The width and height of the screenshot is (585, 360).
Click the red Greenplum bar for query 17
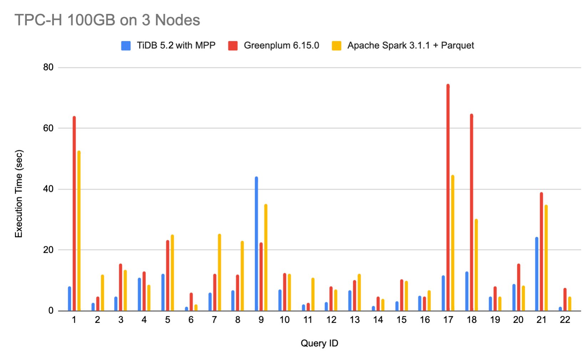coord(448,198)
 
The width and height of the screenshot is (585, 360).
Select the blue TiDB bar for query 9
coord(256,244)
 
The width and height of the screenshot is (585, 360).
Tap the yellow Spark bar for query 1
coord(79,231)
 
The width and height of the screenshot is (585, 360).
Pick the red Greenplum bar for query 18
coord(472,212)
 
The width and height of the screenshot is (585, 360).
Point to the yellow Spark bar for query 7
coord(219,272)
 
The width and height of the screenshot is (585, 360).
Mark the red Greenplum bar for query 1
coord(74,214)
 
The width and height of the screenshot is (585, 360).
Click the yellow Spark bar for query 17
coord(453,243)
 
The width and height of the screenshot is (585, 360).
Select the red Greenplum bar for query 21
coord(541,252)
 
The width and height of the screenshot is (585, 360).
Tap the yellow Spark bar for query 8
coord(242,276)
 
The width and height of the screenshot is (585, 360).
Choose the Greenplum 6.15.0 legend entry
coord(274,46)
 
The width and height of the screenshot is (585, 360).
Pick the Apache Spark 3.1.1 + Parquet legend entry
coord(403,46)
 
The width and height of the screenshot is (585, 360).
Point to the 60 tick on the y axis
coord(48,128)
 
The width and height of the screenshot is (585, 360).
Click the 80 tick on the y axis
coord(48,67)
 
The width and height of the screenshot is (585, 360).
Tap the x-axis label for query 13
coord(355,320)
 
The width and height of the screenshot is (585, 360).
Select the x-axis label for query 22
coord(565,320)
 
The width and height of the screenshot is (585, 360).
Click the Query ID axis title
coord(319,343)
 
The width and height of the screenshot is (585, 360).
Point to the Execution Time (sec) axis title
coord(19,194)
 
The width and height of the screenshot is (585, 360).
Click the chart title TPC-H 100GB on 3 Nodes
coord(107,20)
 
